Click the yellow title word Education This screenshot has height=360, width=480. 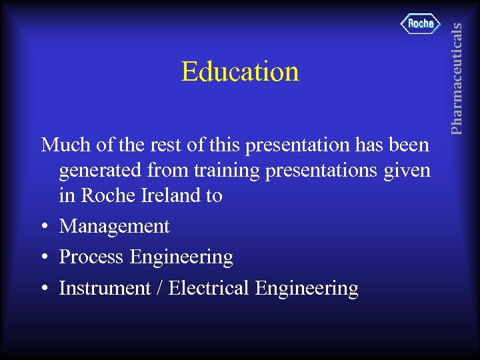pyautogui.click(x=240, y=72)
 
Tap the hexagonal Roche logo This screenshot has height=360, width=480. pyautogui.click(x=421, y=24)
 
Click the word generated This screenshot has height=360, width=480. pyautogui.click(x=100, y=171)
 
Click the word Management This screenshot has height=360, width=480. pyautogui.click(x=114, y=227)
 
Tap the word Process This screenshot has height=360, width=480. pyautogui.click(x=92, y=257)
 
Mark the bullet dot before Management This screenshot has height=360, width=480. pyautogui.click(x=43, y=227)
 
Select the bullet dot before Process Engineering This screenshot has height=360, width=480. pyautogui.click(x=43, y=258)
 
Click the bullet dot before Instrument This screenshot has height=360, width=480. pyautogui.click(x=43, y=289)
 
